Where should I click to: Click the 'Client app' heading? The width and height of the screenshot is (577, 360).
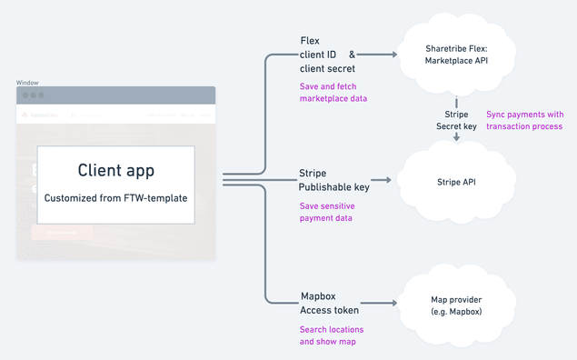pyautogui.click(x=115, y=170)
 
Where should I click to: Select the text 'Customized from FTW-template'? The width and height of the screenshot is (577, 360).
pyautogui.click(x=115, y=196)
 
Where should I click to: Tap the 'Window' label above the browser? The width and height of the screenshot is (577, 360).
pyautogui.click(x=27, y=83)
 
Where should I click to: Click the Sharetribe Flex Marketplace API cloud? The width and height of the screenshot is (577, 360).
pyautogui.click(x=455, y=55)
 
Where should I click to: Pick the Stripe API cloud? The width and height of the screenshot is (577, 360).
pyautogui.click(x=455, y=182)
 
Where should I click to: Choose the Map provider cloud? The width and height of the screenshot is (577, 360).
pyautogui.click(x=455, y=306)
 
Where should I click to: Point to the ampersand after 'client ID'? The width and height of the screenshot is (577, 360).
pyautogui.click(x=353, y=55)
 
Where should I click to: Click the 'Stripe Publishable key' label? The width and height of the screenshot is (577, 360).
pyautogui.click(x=334, y=180)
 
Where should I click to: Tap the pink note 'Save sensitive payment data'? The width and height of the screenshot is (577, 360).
pyautogui.click(x=327, y=212)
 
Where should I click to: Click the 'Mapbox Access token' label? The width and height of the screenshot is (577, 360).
pyautogui.click(x=329, y=304)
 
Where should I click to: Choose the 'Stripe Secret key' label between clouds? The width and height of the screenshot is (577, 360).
pyautogui.click(x=456, y=120)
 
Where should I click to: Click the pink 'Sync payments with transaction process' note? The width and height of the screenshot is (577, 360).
pyautogui.click(x=524, y=120)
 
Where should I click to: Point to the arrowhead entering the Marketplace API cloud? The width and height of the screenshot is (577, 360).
pyautogui.click(x=394, y=55)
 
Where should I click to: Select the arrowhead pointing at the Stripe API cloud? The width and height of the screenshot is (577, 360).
pyautogui.click(x=388, y=180)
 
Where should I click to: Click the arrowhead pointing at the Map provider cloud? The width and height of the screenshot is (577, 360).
pyautogui.click(x=394, y=303)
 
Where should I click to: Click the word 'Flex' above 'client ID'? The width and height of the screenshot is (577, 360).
pyautogui.click(x=310, y=42)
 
